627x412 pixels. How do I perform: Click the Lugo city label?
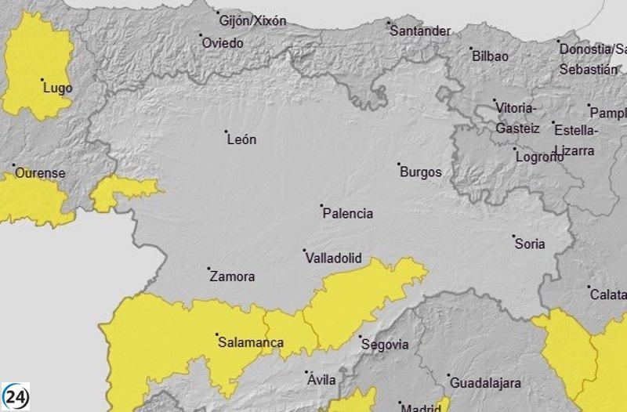coord(58,88)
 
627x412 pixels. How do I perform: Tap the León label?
coord(241,140)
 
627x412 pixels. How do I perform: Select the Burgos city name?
coord(421,172)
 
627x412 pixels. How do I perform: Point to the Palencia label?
coord(348,213)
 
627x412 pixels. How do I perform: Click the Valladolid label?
coord(333,258)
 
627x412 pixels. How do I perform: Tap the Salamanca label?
coord(251,342)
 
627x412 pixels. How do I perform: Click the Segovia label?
coord(384,344)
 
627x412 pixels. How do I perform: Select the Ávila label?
coord(321,380)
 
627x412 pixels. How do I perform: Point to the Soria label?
coord(530,244)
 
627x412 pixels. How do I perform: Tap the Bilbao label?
coord(490,56)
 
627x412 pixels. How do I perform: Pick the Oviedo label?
coord(223,43)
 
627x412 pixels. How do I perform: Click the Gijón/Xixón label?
coord(252,21)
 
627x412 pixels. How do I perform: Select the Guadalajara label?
coord(485,383)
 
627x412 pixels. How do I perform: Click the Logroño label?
coord(539,156)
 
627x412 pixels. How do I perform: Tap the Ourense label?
coord(41,173)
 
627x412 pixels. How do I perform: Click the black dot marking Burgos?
coord(399,164)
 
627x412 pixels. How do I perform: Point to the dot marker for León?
coord(227,132)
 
